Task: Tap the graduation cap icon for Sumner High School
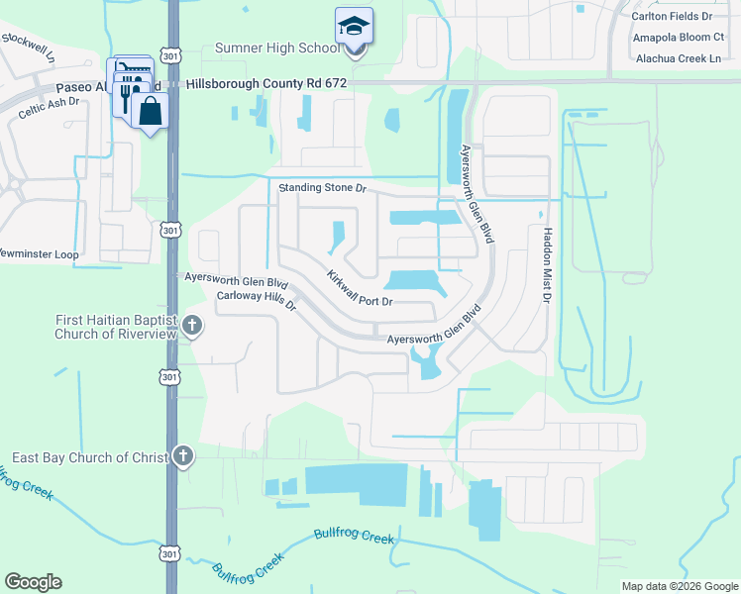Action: point(353,27)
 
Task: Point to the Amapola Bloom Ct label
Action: point(678,39)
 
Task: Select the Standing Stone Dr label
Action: point(322,187)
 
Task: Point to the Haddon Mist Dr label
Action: point(546,263)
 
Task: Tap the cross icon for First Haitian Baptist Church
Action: point(192,325)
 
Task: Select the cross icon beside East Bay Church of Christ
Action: point(182,456)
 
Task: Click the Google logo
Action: point(33,582)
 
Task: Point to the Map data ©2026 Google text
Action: point(679,586)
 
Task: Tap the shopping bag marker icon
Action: point(150,111)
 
